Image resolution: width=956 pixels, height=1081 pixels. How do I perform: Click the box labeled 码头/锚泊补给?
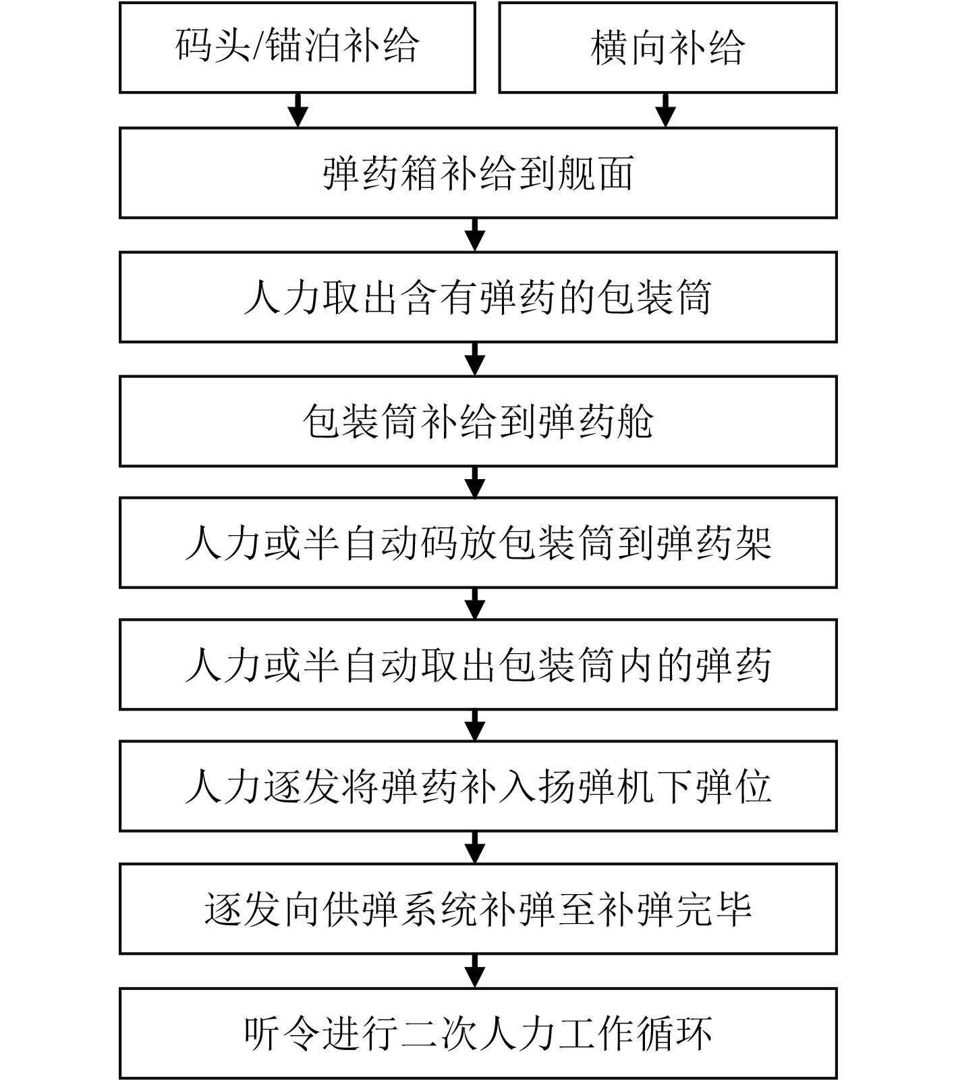point(297,47)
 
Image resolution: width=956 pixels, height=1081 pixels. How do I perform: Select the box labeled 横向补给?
point(667,47)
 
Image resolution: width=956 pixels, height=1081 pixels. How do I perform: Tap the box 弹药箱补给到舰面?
point(478,173)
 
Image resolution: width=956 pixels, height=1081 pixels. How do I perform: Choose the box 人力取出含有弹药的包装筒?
point(478,297)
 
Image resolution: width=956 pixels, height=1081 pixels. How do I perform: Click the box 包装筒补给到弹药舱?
point(478,421)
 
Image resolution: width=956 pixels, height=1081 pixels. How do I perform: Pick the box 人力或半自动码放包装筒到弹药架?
point(478,543)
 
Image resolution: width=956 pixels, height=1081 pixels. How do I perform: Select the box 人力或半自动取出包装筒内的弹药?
point(478,665)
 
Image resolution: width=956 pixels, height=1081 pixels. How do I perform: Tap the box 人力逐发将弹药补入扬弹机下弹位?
point(478,786)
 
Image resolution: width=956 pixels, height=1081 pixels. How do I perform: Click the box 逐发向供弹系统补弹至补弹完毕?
point(478,908)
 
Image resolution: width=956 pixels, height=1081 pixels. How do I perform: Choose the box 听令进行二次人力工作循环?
point(478,1033)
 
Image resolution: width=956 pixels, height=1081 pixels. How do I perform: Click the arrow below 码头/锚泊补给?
point(298,110)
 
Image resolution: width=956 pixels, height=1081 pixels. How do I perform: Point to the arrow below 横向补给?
point(666,110)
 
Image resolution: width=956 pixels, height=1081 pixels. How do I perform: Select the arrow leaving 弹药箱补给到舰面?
point(476,235)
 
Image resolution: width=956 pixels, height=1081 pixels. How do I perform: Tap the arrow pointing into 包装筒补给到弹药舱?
point(476,359)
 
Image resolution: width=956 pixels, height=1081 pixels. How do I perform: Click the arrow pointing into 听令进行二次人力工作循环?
point(476,971)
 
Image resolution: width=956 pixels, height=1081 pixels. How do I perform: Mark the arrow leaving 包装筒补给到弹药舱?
point(476,482)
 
